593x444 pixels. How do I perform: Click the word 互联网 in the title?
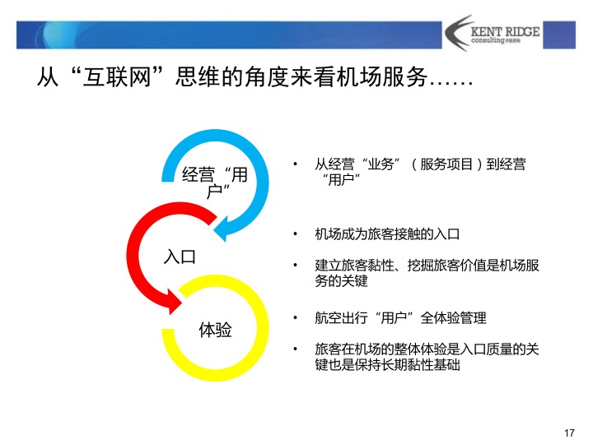pos(114,79)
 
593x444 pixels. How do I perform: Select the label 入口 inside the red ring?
pos(180,257)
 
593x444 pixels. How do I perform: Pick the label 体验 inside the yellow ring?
pos(216,331)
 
